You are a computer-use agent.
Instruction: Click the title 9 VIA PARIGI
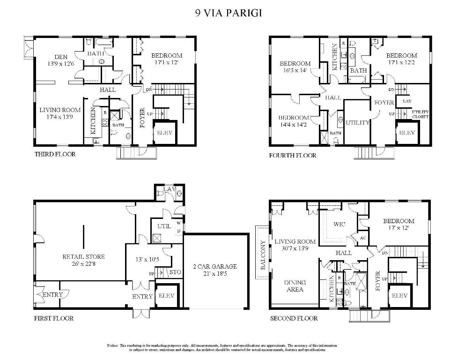229,13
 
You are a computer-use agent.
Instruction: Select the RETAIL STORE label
83,256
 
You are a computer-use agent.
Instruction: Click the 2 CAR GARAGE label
215,266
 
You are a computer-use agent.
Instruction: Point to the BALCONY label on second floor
263,255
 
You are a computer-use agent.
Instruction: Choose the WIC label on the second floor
340,224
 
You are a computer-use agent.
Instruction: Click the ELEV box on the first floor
167,296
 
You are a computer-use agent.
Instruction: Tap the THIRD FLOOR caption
55,154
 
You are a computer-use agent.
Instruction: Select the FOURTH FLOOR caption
293,155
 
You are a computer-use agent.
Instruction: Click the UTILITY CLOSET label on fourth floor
420,114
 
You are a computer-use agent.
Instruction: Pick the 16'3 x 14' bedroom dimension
295,70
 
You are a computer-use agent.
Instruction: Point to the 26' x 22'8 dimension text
83,263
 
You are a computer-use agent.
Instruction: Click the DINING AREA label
295,285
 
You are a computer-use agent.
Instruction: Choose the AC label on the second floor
362,238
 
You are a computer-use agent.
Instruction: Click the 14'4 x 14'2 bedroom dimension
294,125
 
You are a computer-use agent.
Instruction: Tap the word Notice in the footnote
112,345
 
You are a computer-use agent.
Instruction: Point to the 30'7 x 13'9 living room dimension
295,248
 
